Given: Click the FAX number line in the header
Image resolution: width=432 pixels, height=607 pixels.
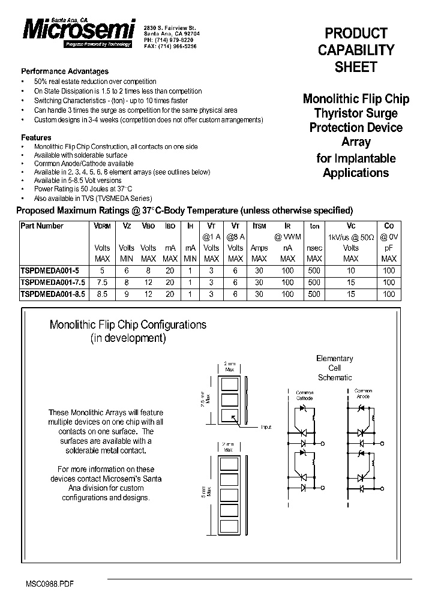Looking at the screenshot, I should click(x=170, y=46).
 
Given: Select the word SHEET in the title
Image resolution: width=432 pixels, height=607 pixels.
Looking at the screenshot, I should click(x=356, y=68).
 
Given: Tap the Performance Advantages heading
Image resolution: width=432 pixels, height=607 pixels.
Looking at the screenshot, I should click(x=65, y=71).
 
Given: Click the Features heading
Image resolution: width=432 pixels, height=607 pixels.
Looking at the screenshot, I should click(x=36, y=137).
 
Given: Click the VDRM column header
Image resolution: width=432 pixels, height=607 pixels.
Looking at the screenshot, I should click(x=103, y=226).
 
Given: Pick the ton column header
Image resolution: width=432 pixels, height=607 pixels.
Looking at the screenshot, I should click(x=314, y=226).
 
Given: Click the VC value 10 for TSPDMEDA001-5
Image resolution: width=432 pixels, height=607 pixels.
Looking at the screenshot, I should click(x=351, y=271).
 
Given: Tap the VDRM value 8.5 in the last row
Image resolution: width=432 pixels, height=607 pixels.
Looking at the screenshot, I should click(x=103, y=294).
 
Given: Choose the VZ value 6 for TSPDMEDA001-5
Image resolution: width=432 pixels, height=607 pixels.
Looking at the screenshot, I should click(x=127, y=271).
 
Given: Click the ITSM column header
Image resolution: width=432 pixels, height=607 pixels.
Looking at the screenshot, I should click(x=259, y=226).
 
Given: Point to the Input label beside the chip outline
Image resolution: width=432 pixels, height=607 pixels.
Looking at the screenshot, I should click(x=266, y=427).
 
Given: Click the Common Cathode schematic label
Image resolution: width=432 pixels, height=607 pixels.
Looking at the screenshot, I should click(x=305, y=393).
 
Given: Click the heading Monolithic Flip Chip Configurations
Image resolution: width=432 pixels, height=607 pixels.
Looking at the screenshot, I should click(x=128, y=324).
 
